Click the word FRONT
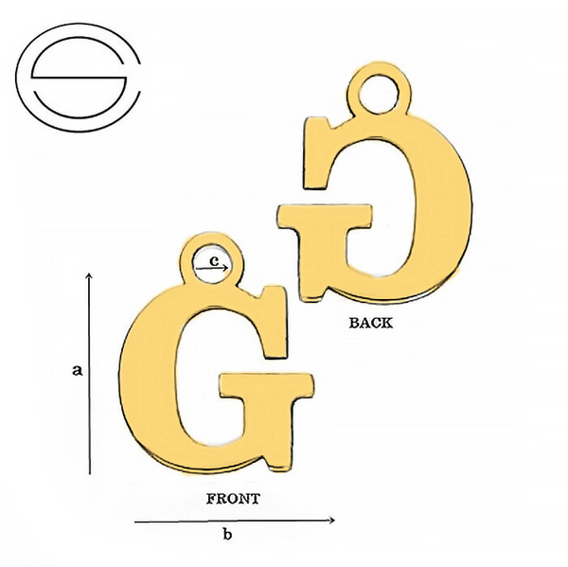point(233,499)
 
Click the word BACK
point(370,323)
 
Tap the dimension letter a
point(78,370)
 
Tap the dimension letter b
point(227,534)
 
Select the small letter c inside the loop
point(215,260)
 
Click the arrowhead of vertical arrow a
point(90,275)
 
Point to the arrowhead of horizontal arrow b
point(330,521)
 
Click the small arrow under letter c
point(212,268)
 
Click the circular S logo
point(78,78)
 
